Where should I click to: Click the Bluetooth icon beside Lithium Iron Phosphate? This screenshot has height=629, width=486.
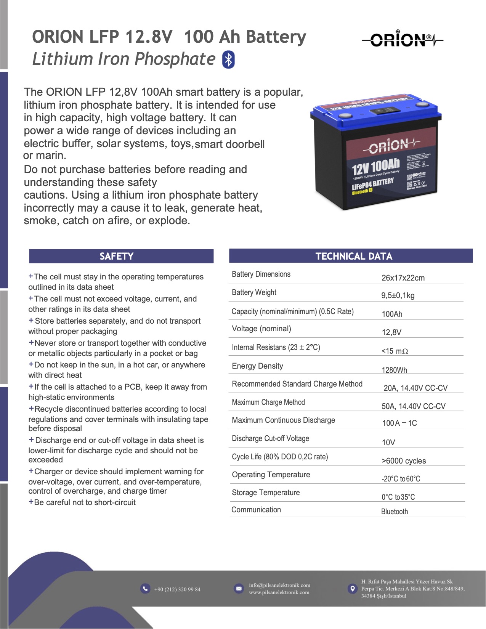coord(228,59)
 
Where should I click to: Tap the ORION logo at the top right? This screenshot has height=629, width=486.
coord(402,39)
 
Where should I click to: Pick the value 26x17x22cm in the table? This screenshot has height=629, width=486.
coord(403,278)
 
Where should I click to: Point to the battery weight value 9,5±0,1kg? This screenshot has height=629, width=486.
coord(398,295)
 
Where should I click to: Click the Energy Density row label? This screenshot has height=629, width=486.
coord(257,366)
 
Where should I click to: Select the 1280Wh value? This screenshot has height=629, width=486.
coord(394,370)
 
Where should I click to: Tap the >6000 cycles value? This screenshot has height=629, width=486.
coord(404,461)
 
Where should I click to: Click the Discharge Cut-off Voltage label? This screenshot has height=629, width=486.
coord(270,438)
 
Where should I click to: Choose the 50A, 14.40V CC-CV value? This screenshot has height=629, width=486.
coord(413,406)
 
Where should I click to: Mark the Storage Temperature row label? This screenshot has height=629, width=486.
coord(266,493)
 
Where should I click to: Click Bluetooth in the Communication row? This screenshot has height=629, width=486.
coord(394,512)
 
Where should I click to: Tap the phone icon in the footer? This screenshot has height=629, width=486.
coord(145,589)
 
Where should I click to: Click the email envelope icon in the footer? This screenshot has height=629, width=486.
coord(239,589)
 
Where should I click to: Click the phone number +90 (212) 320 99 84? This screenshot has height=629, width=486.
coord(177,589)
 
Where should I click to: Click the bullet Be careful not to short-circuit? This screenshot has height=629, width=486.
coord(85,502)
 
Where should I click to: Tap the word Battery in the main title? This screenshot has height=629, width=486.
coord(276,37)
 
